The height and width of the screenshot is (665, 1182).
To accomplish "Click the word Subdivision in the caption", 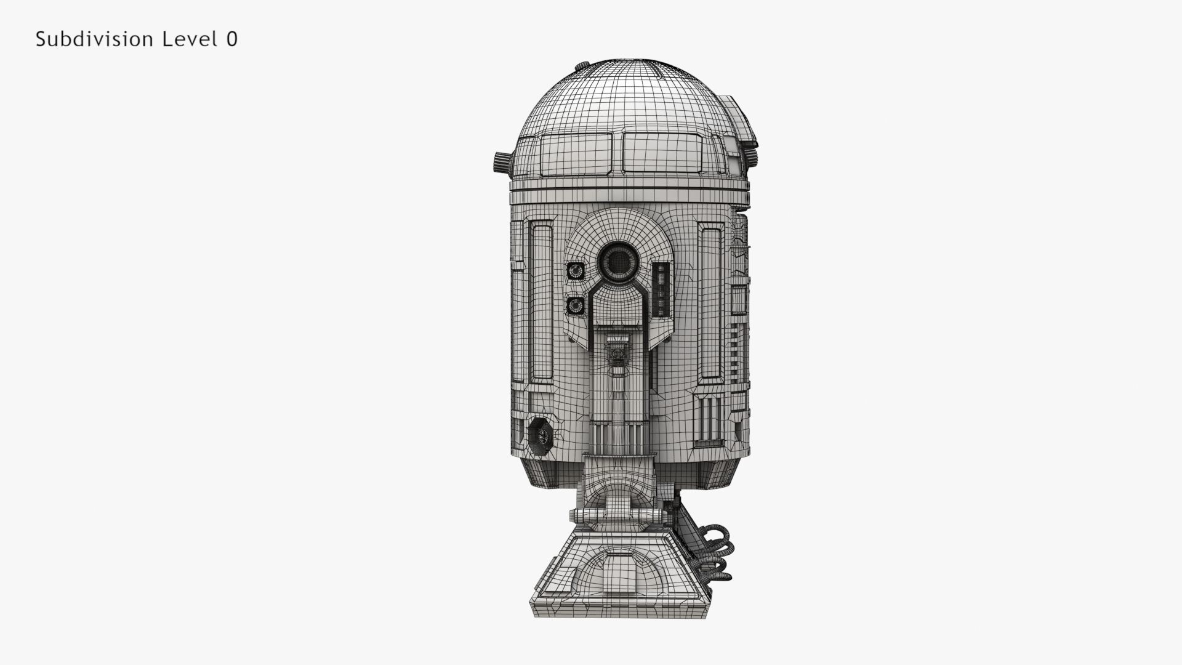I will click(x=94, y=39).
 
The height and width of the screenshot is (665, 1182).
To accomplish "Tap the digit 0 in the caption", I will click(x=231, y=39).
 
